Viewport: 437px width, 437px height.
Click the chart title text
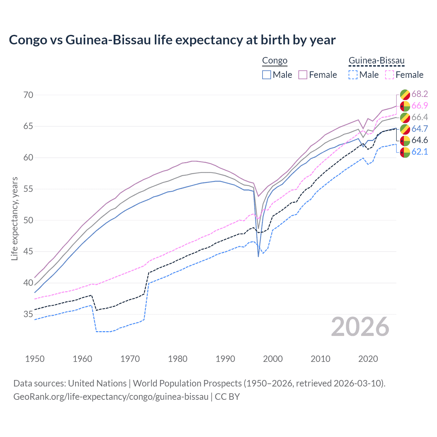point(172,40)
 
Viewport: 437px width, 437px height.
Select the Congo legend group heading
point(274,61)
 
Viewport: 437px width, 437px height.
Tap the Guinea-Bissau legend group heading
point(376,61)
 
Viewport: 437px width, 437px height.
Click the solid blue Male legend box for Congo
point(267,75)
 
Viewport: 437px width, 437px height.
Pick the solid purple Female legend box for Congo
point(303,75)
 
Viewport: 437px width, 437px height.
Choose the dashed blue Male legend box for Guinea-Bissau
point(353,75)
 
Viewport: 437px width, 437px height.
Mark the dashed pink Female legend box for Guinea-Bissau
point(389,75)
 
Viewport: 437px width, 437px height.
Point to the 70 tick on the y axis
point(28,95)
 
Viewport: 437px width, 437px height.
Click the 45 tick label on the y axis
point(28,252)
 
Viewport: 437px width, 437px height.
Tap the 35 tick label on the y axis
point(28,314)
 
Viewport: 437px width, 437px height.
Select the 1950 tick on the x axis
point(35,359)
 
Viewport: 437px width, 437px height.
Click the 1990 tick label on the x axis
point(225,359)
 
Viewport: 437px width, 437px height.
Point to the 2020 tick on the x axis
point(368,359)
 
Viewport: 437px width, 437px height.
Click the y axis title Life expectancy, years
point(15,218)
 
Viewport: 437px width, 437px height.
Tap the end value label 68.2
point(420,94)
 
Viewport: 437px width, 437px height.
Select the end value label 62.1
point(420,152)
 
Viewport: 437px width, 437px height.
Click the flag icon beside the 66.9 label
point(405,106)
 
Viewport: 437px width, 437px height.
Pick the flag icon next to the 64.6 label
point(405,140)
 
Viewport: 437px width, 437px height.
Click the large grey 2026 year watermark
point(360,327)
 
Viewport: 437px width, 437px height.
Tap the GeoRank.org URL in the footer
point(111,397)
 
